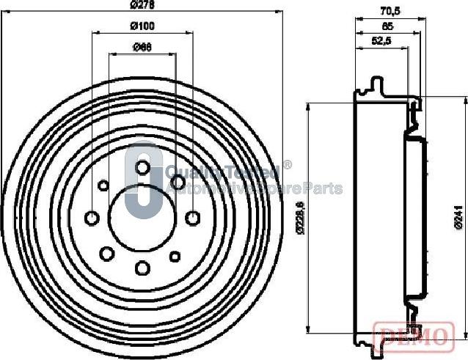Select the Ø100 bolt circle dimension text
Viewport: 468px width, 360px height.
tap(142, 26)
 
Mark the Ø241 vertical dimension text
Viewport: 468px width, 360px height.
tap(457, 218)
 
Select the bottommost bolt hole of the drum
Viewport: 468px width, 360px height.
tap(142, 268)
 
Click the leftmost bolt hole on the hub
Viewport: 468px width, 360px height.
tap(92, 218)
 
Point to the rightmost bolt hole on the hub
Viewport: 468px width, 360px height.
tap(192, 218)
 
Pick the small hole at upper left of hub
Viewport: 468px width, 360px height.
tap(103, 185)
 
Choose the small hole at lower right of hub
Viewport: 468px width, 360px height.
tap(175, 256)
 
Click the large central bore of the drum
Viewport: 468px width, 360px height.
tap(142, 218)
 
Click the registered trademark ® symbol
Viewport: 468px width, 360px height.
tap(288, 165)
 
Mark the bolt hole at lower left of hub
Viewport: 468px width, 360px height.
tap(107, 253)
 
